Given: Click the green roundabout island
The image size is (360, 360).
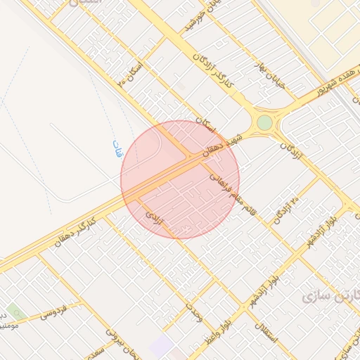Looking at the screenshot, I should (x=264, y=122).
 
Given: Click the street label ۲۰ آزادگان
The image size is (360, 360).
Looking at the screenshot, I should (x=288, y=201).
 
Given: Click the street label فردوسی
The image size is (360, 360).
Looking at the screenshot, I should (x=53, y=310).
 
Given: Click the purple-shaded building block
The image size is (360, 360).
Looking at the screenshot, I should (x=163, y=345).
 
